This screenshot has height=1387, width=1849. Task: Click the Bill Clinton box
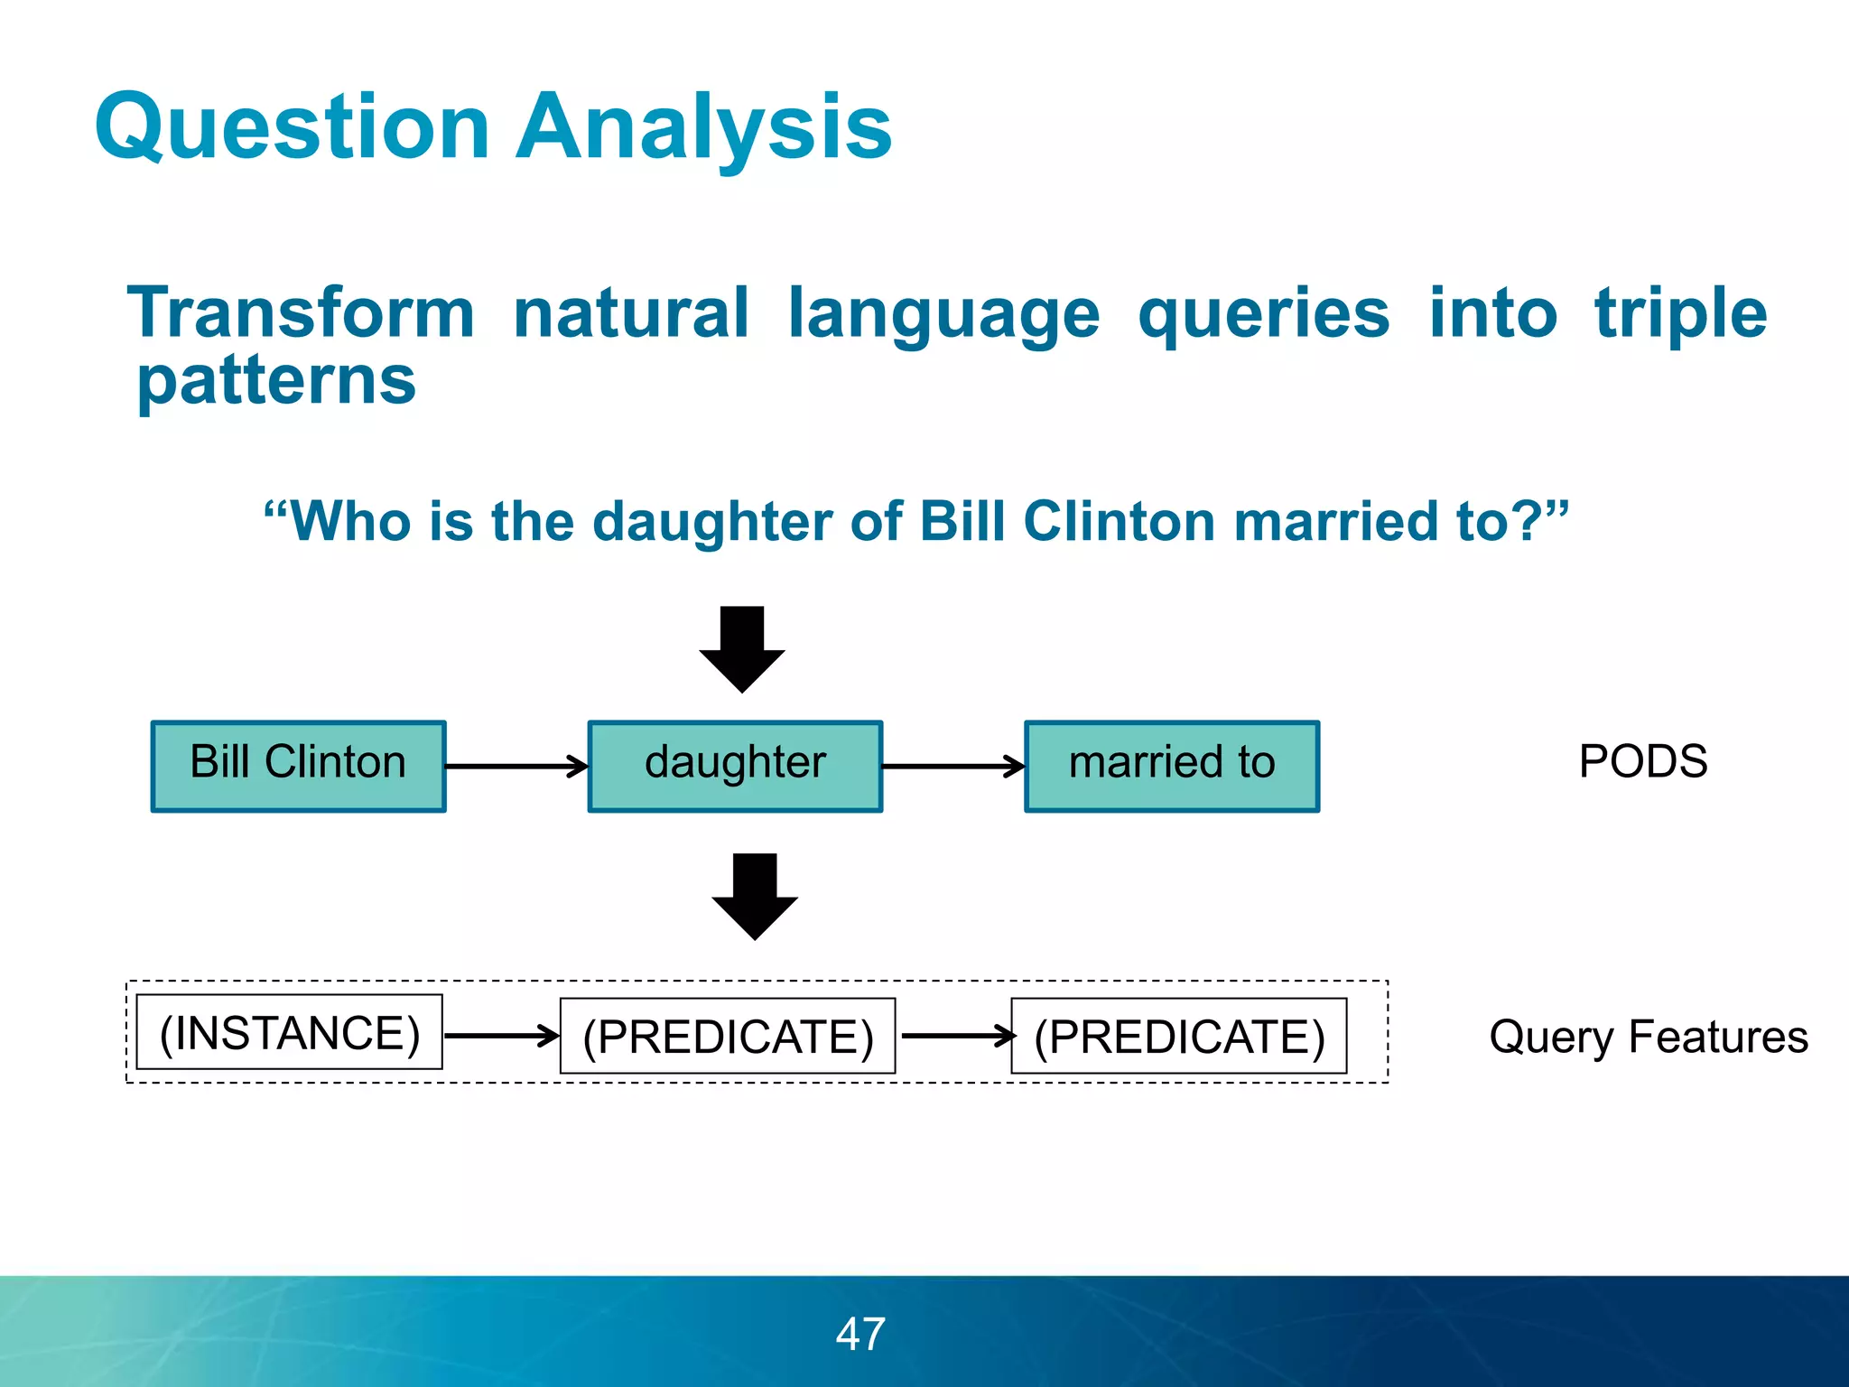coord(298,766)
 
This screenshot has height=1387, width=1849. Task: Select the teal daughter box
coord(735,766)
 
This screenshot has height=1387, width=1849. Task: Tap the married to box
coord(1172,766)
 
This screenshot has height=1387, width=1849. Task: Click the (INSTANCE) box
coord(289,1032)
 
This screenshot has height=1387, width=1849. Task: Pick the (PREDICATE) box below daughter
coord(728,1036)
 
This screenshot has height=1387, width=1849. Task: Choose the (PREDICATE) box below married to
coord(1178,1036)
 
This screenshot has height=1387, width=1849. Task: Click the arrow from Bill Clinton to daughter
coord(516,767)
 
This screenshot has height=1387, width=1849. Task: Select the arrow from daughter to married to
coord(953,767)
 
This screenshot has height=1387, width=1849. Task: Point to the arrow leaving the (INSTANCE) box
coord(502,1036)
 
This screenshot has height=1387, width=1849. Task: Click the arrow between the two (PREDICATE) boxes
coord(957,1036)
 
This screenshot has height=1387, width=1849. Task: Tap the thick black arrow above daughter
coord(742,649)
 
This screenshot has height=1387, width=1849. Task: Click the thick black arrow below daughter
coord(755,896)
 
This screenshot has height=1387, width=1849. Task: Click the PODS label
coord(1642,761)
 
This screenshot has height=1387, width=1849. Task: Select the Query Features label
coord(1649,1036)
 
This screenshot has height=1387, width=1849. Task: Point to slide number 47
coord(860,1334)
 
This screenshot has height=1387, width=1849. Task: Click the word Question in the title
coord(293,128)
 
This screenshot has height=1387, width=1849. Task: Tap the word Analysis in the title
coord(703,128)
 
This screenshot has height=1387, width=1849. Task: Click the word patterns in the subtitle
coord(276,380)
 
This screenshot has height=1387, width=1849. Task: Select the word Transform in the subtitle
coord(301,312)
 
